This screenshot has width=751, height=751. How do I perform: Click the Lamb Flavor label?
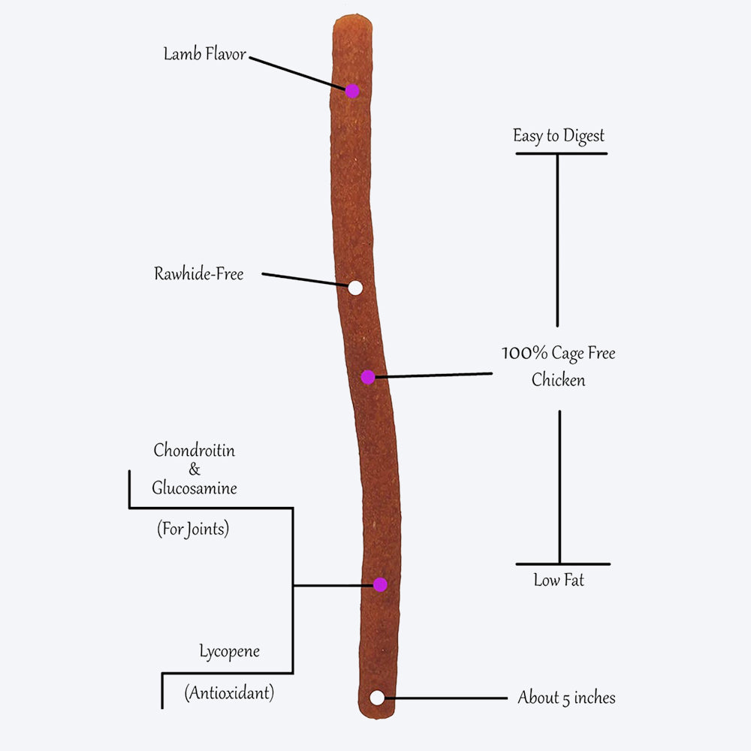coord(205,55)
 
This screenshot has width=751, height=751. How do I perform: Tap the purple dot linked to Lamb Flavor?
coord(352,91)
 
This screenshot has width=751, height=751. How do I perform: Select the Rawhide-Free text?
coord(199,274)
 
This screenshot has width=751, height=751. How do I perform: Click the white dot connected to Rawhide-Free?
coord(355,287)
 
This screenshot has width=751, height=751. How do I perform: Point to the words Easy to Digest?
coord(559,136)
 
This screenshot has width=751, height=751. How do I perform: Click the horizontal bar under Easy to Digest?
coord(561,153)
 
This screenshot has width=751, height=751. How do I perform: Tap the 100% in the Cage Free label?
coord(524,354)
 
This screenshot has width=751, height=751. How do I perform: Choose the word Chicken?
coord(558,380)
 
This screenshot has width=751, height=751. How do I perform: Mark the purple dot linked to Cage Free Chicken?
coord(367,377)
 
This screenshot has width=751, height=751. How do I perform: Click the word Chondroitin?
coord(194,451)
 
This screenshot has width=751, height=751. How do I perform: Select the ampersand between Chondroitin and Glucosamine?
coord(195,470)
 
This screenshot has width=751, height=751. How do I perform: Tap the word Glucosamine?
coord(195,488)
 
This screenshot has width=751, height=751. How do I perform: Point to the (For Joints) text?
coord(193,529)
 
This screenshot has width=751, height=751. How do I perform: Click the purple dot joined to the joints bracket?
coord(380,584)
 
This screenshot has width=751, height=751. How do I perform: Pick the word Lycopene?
coord(229,651)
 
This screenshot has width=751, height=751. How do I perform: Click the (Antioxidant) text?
coord(229,692)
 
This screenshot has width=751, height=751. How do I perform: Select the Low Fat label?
coord(559,580)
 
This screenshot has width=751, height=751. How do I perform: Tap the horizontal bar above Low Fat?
coord(562,563)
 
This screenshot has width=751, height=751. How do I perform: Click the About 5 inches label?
coord(566,698)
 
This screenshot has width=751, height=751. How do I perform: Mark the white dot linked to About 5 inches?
coord(377,698)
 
